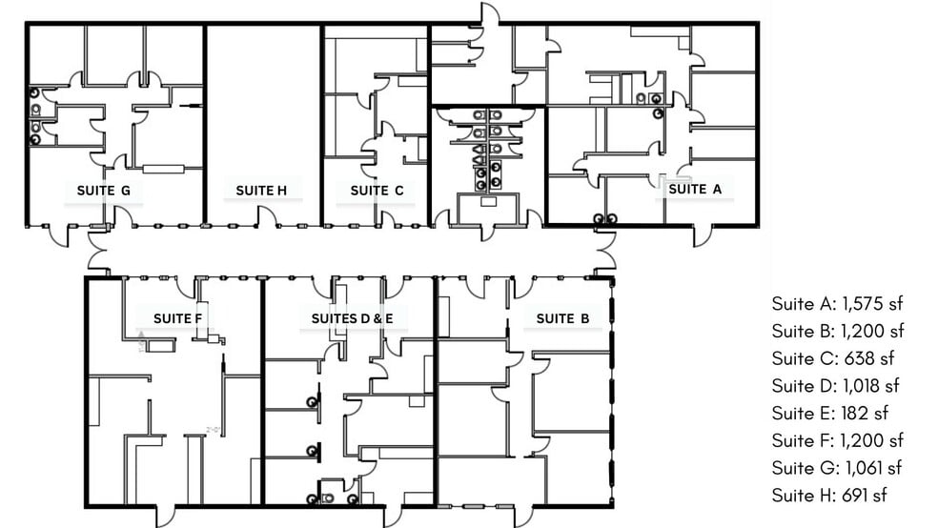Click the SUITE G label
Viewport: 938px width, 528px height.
pyautogui.click(x=110, y=191)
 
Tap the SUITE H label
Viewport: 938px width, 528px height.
pyautogui.click(x=261, y=191)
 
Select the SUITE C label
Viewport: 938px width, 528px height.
pyautogui.click(x=377, y=191)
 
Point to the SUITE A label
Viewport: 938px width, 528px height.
pyautogui.click(x=695, y=189)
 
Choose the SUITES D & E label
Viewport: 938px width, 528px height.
pyautogui.click(x=352, y=317)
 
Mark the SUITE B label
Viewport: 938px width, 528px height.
pyautogui.click(x=556, y=318)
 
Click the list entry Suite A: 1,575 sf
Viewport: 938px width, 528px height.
pyautogui.click(x=837, y=304)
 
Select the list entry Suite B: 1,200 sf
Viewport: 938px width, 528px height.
pyautogui.click(x=837, y=332)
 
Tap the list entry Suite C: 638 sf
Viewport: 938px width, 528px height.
pyautogui.click(x=829, y=359)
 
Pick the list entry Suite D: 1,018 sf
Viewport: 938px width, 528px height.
pyautogui.click(x=836, y=386)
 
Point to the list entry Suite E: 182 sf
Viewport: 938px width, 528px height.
pyautogui.click(x=828, y=414)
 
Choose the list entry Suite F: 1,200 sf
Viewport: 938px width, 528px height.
pyautogui.click(x=837, y=440)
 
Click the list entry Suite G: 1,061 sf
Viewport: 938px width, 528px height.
pyautogui.click(x=836, y=468)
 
